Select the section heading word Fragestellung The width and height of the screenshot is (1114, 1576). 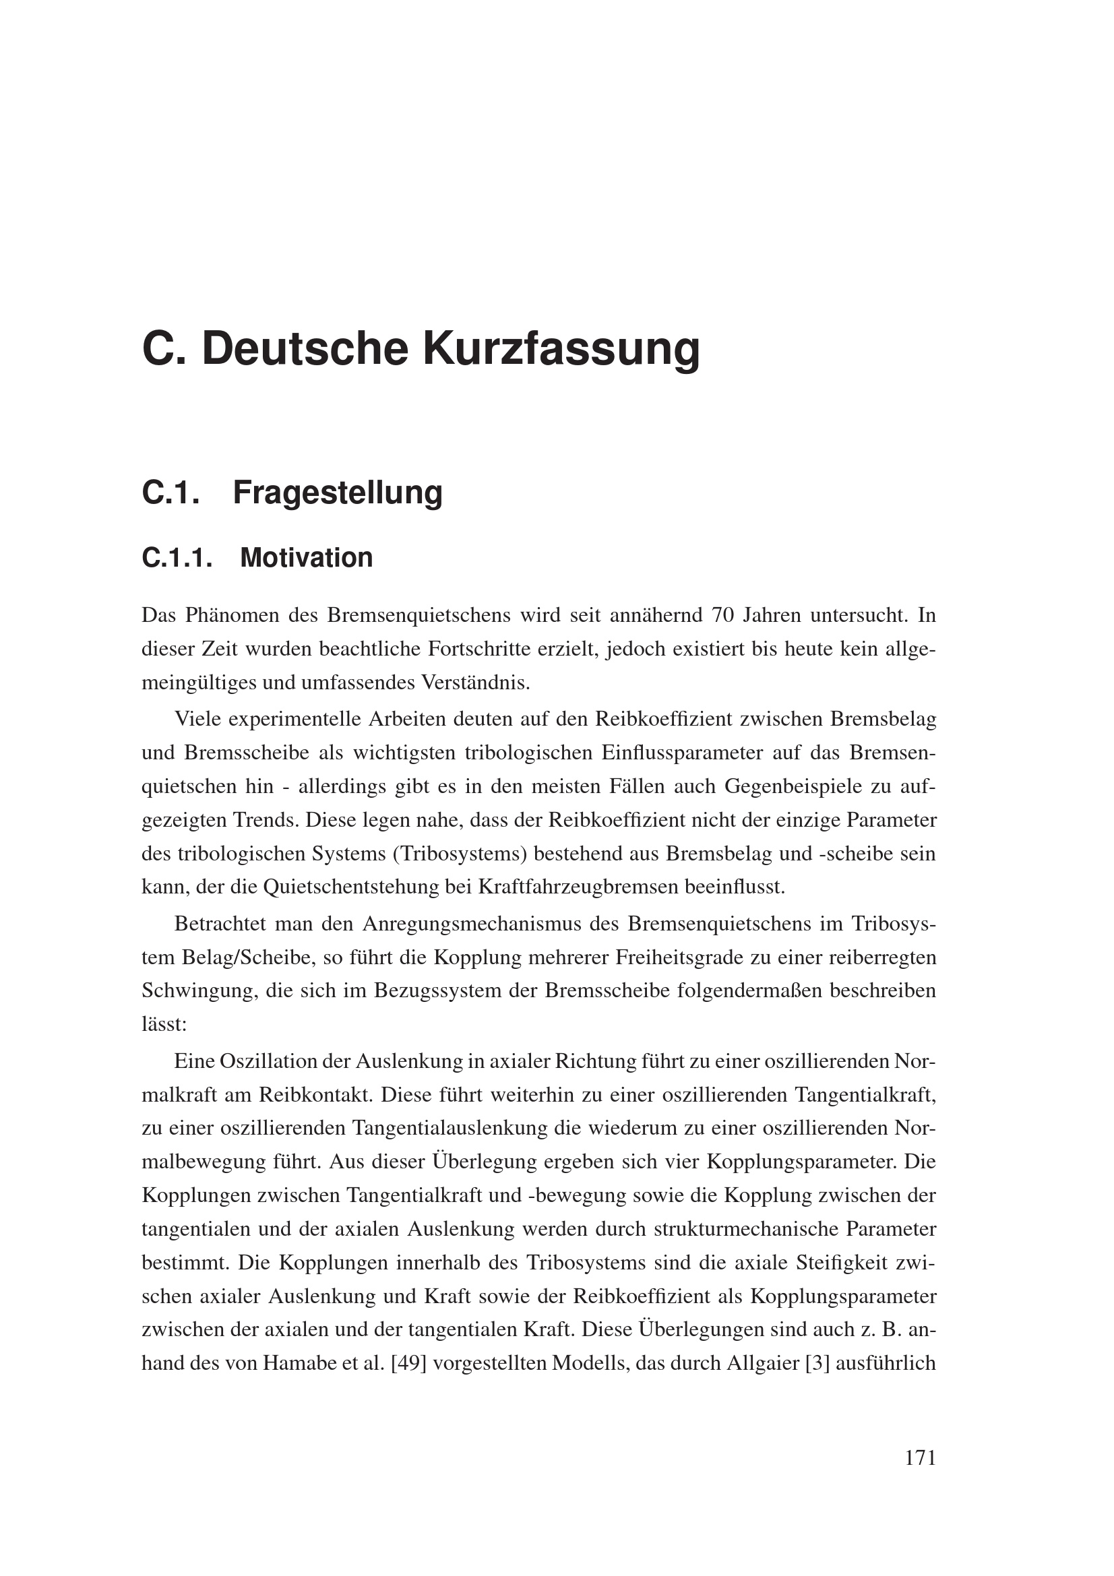click(x=338, y=493)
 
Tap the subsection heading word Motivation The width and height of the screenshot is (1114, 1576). click(x=307, y=557)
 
